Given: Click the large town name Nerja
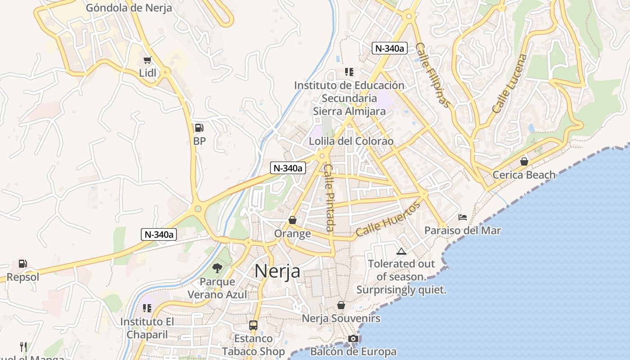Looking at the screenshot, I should click(x=278, y=271).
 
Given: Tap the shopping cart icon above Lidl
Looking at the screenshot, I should click(x=147, y=60).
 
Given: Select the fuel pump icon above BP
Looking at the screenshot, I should click(x=199, y=128).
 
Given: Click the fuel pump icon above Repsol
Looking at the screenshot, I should click(x=22, y=264).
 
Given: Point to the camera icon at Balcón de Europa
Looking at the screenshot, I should click(x=353, y=338).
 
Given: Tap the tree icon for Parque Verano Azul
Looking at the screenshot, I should click(x=217, y=268).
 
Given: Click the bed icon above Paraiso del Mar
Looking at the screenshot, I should click(x=462, y=217).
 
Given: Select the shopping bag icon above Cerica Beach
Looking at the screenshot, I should click(x=524, y=161).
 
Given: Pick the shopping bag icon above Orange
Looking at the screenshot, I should click(x=292, y=220).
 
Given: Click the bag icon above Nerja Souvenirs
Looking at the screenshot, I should click(x=341, y=305).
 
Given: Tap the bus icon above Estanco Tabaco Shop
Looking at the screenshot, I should click(x=253, y=325).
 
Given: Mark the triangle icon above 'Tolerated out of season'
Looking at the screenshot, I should click(x=401, y=251).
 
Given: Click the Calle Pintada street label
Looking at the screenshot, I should click(x=329, y=198).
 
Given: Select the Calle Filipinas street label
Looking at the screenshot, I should click(x=432, y=75).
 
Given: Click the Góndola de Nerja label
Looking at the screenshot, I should click(x=129, y=8).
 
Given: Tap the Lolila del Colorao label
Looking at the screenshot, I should click(x=351, y=141).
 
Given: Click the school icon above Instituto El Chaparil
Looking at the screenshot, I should click(x=147, y=308).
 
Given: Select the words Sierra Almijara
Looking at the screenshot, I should click(x=349, y=111).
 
